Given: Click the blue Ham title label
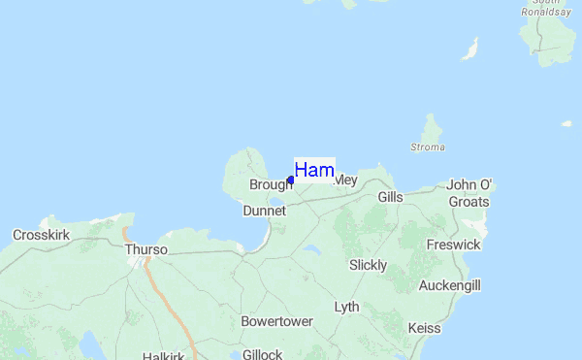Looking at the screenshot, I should pos(314,170).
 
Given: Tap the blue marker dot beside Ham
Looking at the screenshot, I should pos(291,180).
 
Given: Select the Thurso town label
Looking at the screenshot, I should pos(145,249).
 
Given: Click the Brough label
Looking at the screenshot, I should pos(270,184).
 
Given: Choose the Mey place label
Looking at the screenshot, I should pos(345,180).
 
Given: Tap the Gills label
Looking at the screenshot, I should pos(390,196).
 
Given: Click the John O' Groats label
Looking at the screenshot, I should pos(469,193).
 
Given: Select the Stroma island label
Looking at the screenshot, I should pos(427,147).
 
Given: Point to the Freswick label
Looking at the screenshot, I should pos(453,245).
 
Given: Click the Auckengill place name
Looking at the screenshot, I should pos(449,285).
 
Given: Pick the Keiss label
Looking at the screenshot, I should pos(426,328).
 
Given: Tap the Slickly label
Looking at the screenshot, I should pos(368,265).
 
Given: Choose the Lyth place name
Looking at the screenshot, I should pos(346,307).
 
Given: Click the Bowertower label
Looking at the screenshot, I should pos(277,321).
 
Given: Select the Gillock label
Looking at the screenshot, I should pos(262,354).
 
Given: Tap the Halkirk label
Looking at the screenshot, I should pos(163,356).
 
